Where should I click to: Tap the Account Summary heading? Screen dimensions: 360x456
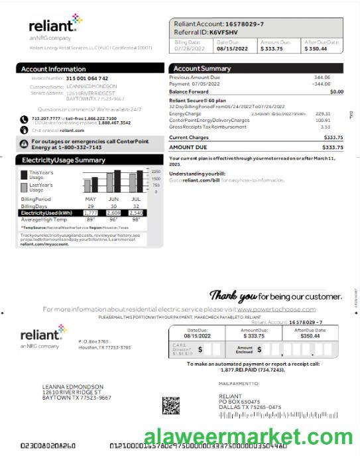point(202,69)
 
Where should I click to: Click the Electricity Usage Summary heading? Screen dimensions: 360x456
point(63,160)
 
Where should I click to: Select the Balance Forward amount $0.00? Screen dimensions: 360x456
point(336,91)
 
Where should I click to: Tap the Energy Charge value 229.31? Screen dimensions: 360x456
point(323,113)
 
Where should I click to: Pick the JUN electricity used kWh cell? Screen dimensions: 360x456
point(113,212)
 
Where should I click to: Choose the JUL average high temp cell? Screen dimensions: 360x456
point(136,219)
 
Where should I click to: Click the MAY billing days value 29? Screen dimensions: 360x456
point(91,205)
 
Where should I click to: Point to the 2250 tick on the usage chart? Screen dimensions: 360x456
point(156,172)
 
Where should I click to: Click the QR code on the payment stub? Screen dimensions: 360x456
point(170,404)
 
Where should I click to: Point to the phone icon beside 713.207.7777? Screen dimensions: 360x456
point(23,119)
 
